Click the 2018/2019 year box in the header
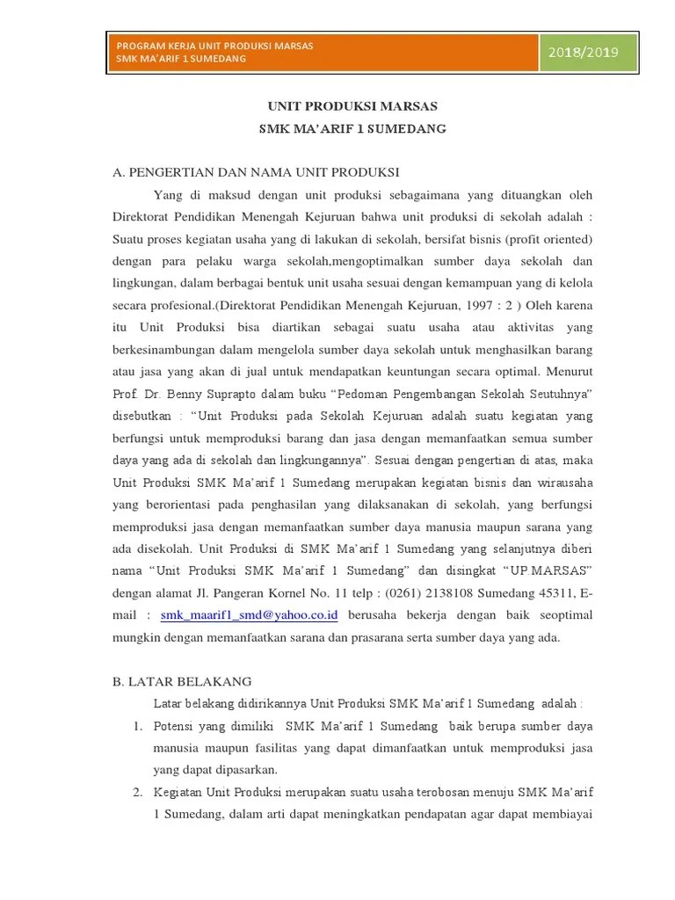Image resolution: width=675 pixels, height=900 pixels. (584, 51)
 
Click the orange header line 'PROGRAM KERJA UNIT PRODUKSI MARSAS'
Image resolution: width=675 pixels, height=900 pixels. (215, 44)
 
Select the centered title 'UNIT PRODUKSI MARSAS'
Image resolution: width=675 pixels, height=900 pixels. (352, 106)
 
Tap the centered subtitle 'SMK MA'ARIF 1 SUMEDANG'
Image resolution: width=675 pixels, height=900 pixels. (352, 129)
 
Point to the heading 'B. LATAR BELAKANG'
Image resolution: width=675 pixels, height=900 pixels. (182, 681)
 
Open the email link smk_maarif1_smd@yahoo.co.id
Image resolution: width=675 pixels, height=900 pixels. (250, 614)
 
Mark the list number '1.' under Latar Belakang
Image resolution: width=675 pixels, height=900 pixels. (138, 726)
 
